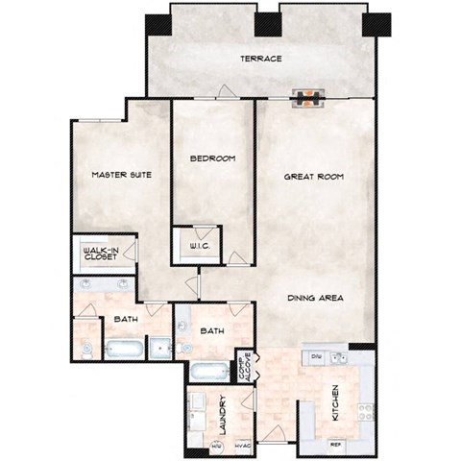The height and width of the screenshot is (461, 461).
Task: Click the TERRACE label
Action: click(261, 59)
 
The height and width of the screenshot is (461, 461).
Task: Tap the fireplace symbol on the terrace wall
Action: click(309, 96)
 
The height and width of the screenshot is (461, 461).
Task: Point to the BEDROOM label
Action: click(212, 158)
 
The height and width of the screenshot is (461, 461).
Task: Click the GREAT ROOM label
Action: click(313, 178)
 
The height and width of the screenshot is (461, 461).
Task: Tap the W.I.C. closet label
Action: click(201, 248)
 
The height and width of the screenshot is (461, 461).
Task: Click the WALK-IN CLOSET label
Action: click(99, 255)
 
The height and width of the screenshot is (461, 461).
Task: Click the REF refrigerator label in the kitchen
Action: click(335, 445)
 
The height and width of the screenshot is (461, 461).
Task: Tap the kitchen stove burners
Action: click(365, 412)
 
